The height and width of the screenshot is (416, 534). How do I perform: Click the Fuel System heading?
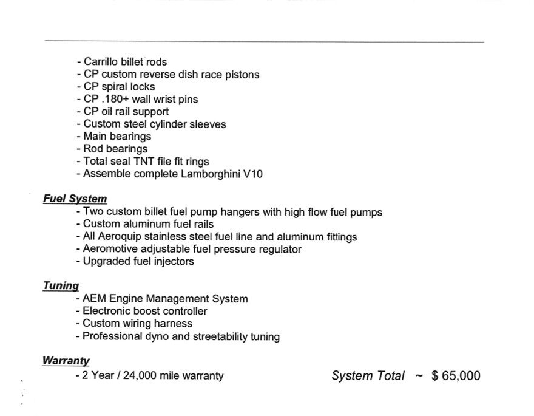click(75, 199)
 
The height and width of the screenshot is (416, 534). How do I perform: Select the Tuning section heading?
click(61, 285)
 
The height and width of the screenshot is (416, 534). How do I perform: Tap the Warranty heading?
click(66, 361)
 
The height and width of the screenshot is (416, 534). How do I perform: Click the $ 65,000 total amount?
click(456, 376)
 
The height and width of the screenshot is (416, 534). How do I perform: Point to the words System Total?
click(368, 376)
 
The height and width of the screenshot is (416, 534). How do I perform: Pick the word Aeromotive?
click(113, 249)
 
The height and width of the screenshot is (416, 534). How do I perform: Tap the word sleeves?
click(208, 124)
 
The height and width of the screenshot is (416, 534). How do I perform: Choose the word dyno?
click(158, 336)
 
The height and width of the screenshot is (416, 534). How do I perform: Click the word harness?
click(173, 324)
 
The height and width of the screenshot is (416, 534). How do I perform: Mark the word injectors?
click(171, 262)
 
